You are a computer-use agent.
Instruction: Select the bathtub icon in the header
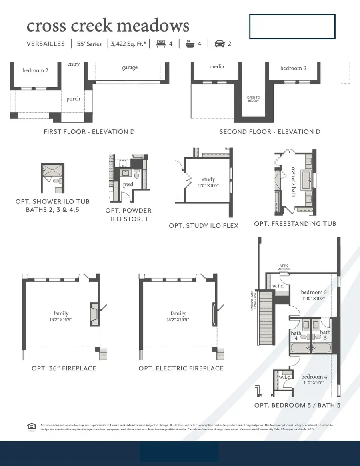tap(190, 44)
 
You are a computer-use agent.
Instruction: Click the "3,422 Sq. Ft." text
tap(128, 44)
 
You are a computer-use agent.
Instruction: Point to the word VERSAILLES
tap(46, 44)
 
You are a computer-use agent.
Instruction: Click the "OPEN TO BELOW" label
tap(253, 99)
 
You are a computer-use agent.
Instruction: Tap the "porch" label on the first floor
tap(73, 99)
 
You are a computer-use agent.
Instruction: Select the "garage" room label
tap(130, 68)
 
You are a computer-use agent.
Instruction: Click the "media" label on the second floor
tap(217, 66)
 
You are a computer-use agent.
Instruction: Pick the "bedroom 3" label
tap(293, 68)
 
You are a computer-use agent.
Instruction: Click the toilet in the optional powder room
tap(136, 175)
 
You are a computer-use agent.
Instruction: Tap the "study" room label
tap(208, 179)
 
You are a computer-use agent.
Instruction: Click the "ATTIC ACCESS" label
tap(284, 267)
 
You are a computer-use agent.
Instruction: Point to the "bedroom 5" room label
tap(314, 292)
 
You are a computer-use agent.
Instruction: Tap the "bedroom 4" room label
tap(314, 377)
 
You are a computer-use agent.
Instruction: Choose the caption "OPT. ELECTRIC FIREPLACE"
tap(181, 368)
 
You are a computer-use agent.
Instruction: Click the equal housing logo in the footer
tap(32, 427)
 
